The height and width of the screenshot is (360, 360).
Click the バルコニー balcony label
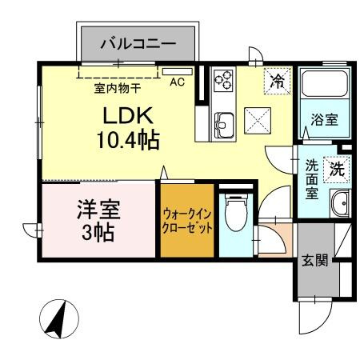click(x=137, y=43)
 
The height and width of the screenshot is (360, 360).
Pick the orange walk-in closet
click(x=187, y=220)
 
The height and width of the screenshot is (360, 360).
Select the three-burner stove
click(x=224, y=81)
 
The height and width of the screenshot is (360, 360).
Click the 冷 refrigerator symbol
click(x=277, y=80)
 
